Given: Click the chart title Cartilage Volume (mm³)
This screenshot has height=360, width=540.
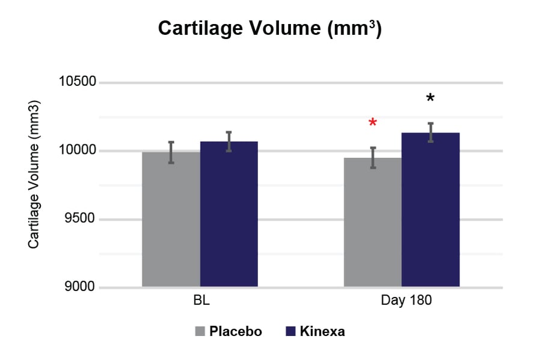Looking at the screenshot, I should [269, 28].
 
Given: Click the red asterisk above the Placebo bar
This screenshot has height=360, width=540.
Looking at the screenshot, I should [373, 123].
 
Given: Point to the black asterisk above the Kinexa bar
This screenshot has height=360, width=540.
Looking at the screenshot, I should [430, 99].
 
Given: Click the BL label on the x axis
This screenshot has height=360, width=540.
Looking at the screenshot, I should [200, 301].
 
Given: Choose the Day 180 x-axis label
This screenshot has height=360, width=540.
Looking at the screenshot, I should [401, 301].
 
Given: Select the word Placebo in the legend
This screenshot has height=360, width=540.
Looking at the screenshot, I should [235, 331].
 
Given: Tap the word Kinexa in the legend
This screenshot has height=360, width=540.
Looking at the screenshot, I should [322, 331].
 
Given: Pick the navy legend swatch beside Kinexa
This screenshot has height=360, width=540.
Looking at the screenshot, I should [290, 331].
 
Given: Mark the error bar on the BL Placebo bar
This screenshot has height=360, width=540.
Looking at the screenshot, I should [171, 152].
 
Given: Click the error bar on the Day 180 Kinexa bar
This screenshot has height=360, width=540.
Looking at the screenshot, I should [431, 132].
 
